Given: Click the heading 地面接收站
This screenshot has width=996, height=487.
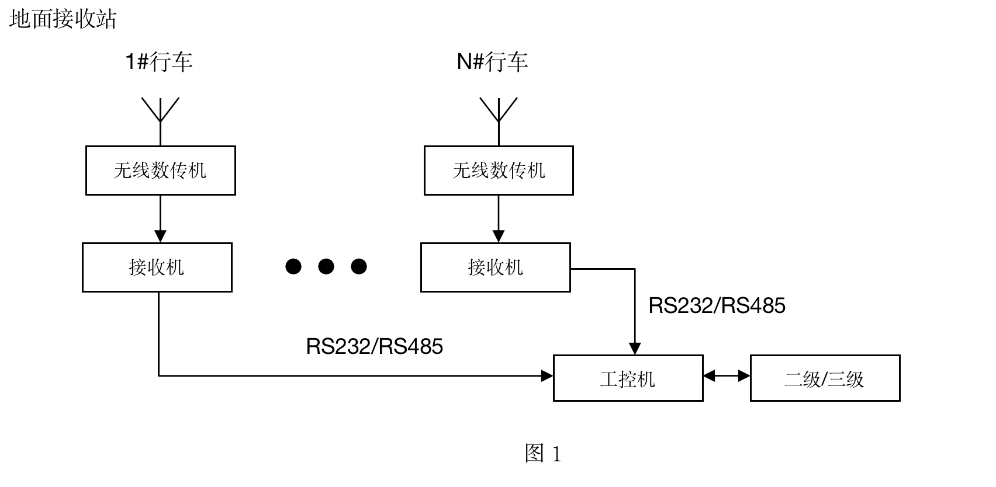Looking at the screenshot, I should coord(63,19).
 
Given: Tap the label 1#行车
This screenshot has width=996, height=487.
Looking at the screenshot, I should coord(159,61).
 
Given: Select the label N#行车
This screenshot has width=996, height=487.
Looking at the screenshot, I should coord(492,61).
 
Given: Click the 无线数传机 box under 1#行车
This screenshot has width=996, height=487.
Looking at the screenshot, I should coord(161,171).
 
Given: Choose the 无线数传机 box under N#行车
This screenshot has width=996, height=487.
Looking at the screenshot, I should coord(499,171).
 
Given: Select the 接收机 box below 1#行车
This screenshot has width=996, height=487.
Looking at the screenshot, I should coord(157,267).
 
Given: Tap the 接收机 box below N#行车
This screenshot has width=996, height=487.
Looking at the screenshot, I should coord(495,267).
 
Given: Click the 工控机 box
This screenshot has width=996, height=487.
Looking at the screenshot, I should coord(628,378).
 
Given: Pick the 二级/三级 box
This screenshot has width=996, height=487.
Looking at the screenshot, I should coord(825,378).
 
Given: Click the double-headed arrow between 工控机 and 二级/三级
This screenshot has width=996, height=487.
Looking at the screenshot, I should coord(727,376).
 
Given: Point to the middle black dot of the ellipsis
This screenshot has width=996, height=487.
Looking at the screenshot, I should coord(326,267).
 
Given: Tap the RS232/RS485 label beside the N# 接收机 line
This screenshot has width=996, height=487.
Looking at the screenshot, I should coord(717,305).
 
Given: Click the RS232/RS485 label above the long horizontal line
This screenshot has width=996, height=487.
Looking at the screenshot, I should coord(375,346).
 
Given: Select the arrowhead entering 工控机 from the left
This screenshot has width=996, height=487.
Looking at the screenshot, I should coord(548,376).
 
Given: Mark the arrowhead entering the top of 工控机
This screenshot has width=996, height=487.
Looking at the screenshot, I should coord(635,349).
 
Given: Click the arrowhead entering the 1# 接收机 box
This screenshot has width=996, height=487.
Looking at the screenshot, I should coord(160,236).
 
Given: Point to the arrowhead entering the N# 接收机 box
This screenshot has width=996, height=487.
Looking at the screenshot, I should coord(499,236).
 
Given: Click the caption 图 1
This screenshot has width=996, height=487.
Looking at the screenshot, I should coord(543,454).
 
